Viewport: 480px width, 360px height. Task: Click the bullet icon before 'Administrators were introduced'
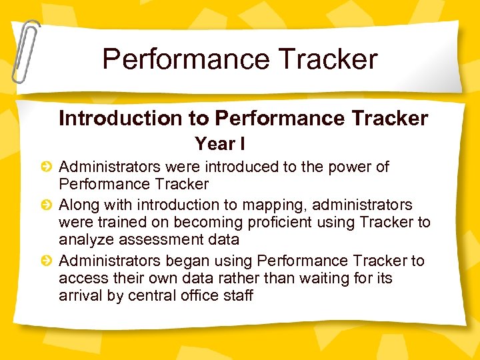pyautogui.click(x=47, y=167)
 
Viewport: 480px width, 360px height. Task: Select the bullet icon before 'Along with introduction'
pyautogui.click(x=47, y=205)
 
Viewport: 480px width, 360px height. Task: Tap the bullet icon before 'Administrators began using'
pyautogui.click(x=47, y=261)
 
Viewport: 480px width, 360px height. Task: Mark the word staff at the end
pyautogui.click(x=238, y=296)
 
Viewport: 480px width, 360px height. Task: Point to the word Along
pyautogui.click(x=79, y=205)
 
